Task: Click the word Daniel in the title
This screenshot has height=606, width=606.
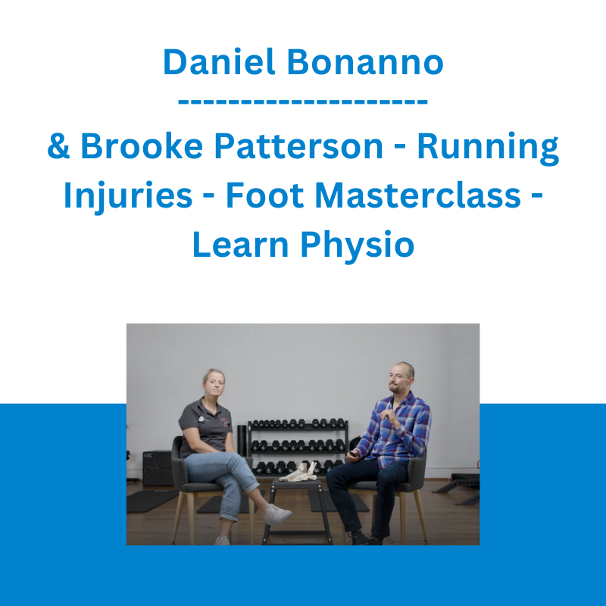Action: click(219, 62)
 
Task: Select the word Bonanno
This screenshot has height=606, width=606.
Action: click(365, 62)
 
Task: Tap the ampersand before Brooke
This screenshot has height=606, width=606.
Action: click(58, 145)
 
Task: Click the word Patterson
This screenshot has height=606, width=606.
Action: click(298, 145)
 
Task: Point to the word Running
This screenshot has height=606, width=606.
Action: click(488, 148)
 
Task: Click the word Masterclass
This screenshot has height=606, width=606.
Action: click(418, 195)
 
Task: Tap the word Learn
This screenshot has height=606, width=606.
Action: click(240, 244)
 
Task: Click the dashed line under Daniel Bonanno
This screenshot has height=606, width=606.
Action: click(303, 102)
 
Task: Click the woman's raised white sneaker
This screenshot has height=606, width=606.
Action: click(276, 514)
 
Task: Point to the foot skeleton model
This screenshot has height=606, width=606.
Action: click(298, 473)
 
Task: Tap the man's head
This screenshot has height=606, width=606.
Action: click(401, 376)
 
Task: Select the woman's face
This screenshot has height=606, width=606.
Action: click(214, 384)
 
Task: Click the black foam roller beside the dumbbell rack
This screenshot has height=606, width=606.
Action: click(242, 441)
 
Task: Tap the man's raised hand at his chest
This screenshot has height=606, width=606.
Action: click(388, 416)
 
